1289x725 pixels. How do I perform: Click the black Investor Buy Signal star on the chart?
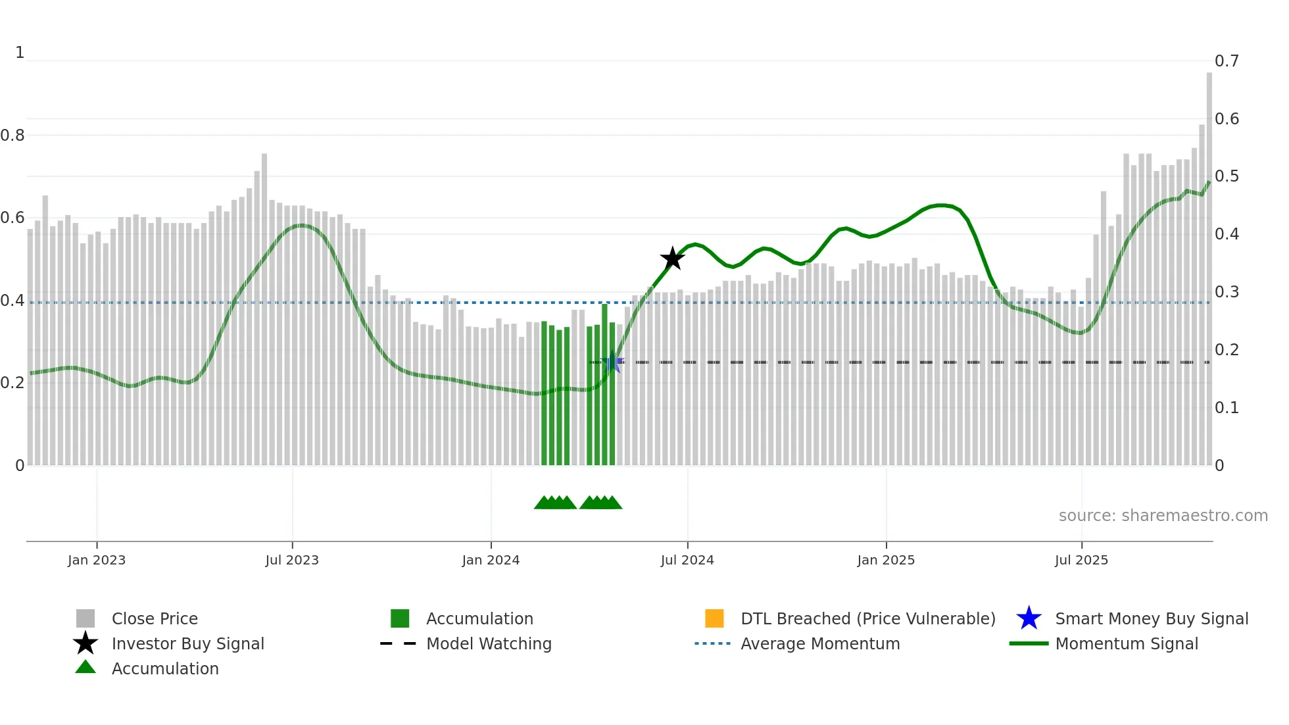(672, 259)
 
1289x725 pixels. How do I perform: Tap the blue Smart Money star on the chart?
(612, 362)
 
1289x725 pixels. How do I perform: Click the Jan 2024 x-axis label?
(491, 560)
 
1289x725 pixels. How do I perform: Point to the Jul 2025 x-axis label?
(1081, 560)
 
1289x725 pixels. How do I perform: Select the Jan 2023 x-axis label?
(97, 560)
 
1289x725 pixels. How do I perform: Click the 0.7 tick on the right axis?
(1227, 61)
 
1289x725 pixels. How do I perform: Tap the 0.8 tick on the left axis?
(12, 136)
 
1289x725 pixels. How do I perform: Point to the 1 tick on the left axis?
(20, 53)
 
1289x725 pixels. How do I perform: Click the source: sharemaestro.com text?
(1163, 515)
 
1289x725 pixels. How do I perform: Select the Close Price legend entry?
(155, 618)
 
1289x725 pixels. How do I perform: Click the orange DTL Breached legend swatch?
(714, 618)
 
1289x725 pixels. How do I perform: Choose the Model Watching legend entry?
(489, 643)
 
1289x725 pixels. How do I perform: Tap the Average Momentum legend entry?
(820, 643)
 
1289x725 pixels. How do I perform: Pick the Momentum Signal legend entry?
(1127, 643)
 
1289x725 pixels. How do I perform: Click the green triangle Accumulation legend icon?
(85, 667)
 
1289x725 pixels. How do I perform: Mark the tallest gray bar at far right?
(1209, 263)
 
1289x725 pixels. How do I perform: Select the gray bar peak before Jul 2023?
(264, 309)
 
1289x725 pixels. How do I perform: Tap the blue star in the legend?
(1029, 618)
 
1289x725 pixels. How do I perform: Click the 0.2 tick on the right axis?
(1227, 350)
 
